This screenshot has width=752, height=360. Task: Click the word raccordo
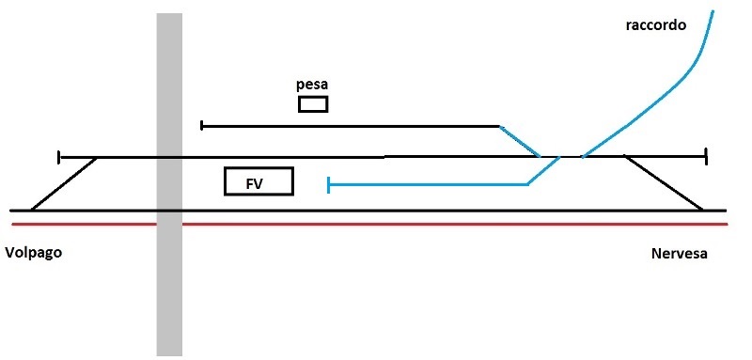click(656, 25)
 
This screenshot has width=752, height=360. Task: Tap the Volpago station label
click(34, 254)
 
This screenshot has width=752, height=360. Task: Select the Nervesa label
click(679, 255)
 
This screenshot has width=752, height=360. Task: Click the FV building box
click(258, 181)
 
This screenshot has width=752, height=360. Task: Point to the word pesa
click(312, 85)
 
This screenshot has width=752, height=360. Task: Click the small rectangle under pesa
click(313, 103)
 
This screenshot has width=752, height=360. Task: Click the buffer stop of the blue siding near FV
click(327, 185)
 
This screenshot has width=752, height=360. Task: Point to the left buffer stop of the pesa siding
click(202, 125)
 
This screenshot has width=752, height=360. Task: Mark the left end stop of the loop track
click(59, 156)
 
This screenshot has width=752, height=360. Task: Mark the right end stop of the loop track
click(705, 156)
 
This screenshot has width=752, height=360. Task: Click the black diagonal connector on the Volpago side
click(65, 183)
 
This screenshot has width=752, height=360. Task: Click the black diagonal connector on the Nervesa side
click(664, 183)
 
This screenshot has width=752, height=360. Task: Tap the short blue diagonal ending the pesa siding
click(519, 140)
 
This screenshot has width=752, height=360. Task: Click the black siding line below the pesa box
click(348, 125)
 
